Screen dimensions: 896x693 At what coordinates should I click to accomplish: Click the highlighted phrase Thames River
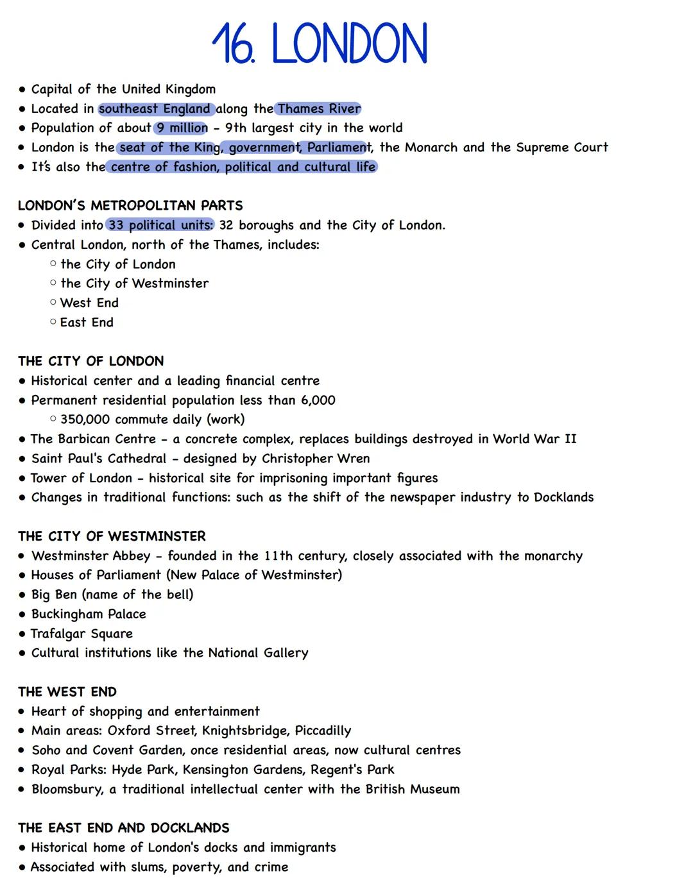[x=319, y=109]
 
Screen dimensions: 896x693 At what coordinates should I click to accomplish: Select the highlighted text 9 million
[x=182, y=128]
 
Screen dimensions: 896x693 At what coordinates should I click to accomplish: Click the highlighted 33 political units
[x=160, y=225]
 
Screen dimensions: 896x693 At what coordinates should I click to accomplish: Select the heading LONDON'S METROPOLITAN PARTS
[x=130, y=206]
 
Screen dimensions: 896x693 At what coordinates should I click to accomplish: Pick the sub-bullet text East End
[x=87, y=323]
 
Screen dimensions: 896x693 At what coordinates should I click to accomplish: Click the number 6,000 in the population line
[x=318, y=400]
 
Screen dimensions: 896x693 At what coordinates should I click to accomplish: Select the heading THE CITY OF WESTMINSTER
[x=112, y=536]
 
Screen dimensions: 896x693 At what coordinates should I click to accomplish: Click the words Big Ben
[x=54, y=595]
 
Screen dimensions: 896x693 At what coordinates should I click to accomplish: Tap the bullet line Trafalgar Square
[x=81, y=634]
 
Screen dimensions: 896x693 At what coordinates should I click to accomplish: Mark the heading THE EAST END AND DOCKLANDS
[x=123, y=828]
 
